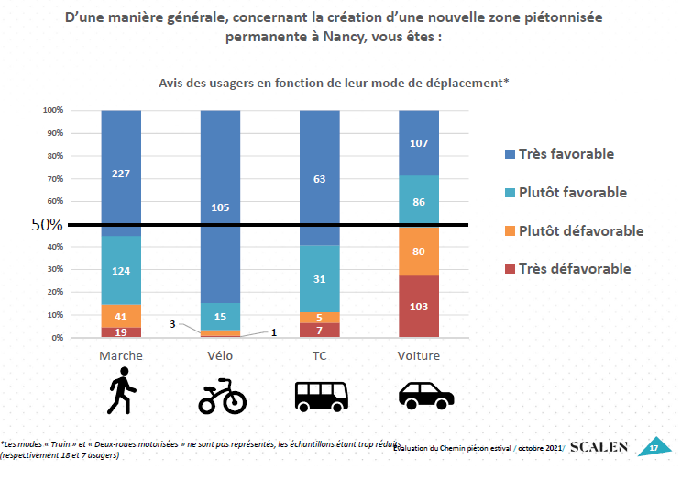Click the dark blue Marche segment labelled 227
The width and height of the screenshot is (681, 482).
click(x=121, y=173)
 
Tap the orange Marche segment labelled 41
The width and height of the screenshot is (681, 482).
click(x=121, y=315)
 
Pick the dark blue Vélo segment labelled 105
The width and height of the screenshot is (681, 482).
click(x=220, y=207)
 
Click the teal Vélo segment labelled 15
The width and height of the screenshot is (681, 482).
click(x=220, y=317)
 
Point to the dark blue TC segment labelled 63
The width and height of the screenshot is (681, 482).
click(x=320, y=178)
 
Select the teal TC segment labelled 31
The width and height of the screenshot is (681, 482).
click(x=320, y=279)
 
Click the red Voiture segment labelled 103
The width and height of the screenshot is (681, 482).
click(x=419, y=307)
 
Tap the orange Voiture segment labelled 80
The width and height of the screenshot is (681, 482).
click(x=419, y=251)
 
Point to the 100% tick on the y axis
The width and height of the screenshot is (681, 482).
click(x=51, y=110)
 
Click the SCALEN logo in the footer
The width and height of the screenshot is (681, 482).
click(x=599, y=447)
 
